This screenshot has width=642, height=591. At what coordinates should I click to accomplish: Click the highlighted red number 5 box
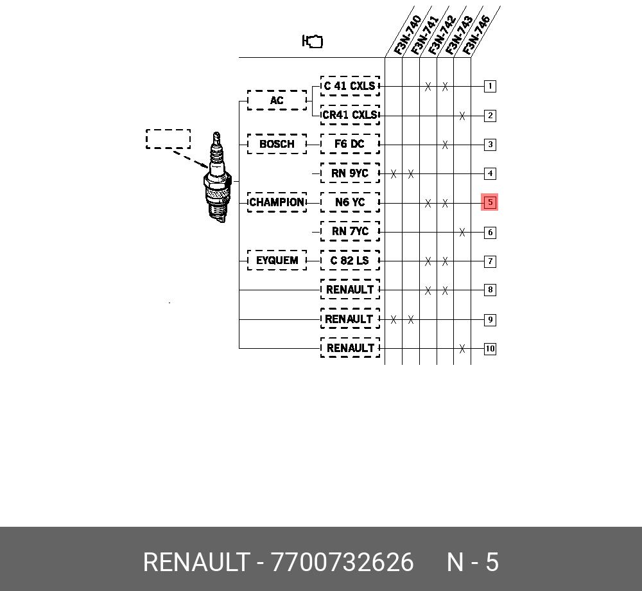[x=490, y=202]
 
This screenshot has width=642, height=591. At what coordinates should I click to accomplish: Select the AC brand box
[x=277, y=100]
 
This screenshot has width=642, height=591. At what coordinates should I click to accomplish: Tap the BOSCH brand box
[x=277, y=144]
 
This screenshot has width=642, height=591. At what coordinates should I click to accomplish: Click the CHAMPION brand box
[x=277, y=202]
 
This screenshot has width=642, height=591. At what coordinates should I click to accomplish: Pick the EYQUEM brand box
[x=277, y=260]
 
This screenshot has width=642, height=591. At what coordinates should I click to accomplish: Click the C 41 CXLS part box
[x=350, y=86]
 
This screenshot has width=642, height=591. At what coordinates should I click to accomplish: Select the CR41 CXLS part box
[x=350, y=115]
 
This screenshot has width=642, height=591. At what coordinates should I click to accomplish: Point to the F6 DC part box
[x=350, y=144]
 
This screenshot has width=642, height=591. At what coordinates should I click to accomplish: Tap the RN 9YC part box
[x=350, y=173]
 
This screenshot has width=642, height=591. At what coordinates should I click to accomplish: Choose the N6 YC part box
[x=350, y=202]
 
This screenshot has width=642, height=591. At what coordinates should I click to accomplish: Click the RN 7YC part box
[x=350, y=231]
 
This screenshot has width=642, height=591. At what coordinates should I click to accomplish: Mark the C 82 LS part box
[x=350, y=260]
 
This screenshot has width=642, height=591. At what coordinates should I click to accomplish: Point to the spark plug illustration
[x=218, y=177]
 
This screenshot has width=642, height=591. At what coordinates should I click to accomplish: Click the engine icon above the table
[x=313, y=41]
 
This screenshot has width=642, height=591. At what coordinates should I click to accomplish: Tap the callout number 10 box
[x=490, y=349]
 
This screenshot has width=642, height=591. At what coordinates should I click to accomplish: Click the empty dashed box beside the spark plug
[x=168, y=130]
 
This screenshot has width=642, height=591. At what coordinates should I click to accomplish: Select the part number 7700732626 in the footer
[x=342, y=562]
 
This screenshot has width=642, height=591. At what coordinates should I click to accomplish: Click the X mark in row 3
[x=445, y=145]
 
